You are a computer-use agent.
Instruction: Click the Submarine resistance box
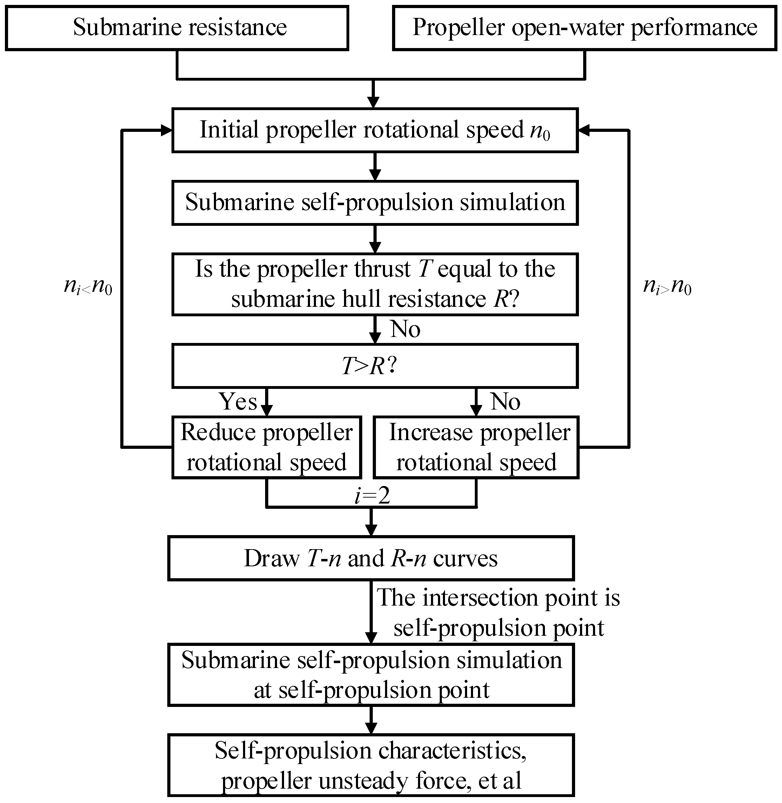[x=177, y=28]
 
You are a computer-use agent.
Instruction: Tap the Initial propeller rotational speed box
[x=375, y=130]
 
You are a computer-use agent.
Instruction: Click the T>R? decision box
[x=375, y=366]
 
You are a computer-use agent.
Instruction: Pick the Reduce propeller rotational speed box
[x=266, y=447]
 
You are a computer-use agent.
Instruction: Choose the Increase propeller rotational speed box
[x=476, y=447]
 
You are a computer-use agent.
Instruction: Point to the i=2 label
[x=372, y=496]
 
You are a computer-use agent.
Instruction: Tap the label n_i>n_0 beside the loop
[x=667, y=285]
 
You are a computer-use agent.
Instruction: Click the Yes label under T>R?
[x=237, y=401]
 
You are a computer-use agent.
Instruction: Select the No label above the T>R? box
[x=405, y=329]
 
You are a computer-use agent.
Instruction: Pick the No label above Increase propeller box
[x=505, y=401]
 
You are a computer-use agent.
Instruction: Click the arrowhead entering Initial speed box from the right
[x=583, y=130]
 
